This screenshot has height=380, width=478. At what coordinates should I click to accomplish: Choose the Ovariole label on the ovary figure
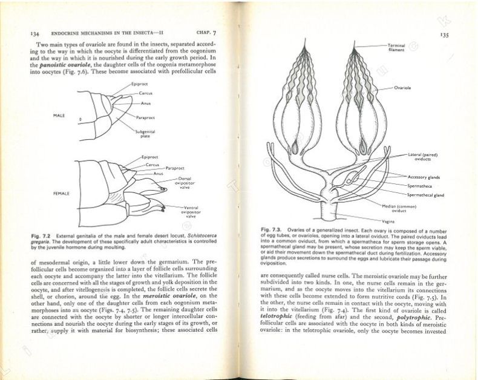click(x=403, y=88)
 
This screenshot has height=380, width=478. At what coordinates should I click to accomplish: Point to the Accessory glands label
click(x=425, y=177)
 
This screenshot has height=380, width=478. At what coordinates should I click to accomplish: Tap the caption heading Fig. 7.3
click(x=271, y=230)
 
